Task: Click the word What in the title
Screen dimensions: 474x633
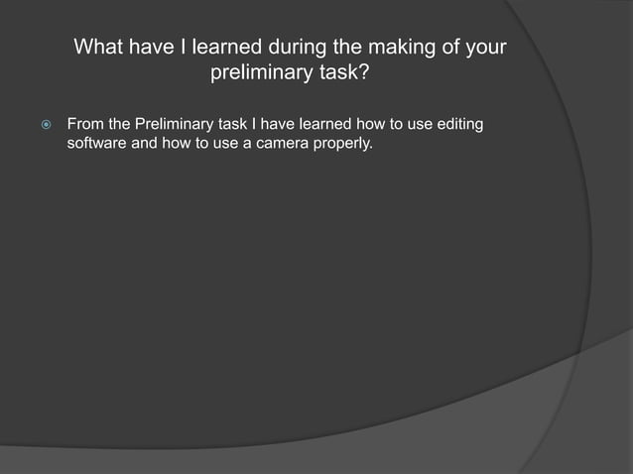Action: [101, 48]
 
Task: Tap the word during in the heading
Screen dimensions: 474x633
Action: [302, 48]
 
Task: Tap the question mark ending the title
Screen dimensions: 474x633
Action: [371, 73]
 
